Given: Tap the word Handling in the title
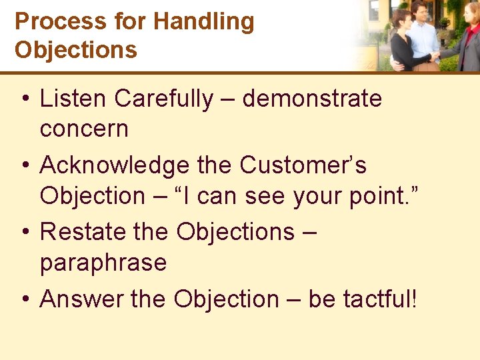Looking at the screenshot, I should pyautogui.click(x=203, y=21).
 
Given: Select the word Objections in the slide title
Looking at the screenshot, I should pyautogui.click(x=76, y=50).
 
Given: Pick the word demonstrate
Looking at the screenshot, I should pyautogui.click(x=312, y=99).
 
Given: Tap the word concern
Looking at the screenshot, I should pyautogui.click(x=84, y=129).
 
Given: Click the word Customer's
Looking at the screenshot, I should pyautogui.click(x=303, y=165).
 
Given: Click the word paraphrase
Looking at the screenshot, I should pyautogui.click(x=103, y=263).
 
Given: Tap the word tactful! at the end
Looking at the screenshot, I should pyautogui.click(x=380, y=299).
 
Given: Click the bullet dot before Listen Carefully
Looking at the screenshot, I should pyautogui.click(x=24, y=99).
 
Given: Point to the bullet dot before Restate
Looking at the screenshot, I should pyautogui.click(x=24, y=233).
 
